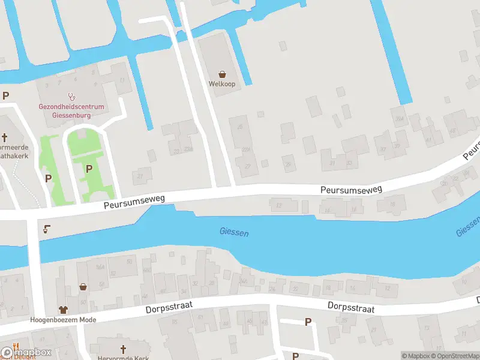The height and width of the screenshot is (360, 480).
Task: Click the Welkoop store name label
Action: coord(222,84)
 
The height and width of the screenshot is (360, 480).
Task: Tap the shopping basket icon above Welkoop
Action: coord(222,74)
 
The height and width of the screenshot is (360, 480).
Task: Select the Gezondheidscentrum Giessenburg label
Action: coord(71,110)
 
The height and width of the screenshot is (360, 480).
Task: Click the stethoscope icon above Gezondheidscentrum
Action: coord(71,96)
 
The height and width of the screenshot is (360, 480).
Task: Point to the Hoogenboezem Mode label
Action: coord(64,320)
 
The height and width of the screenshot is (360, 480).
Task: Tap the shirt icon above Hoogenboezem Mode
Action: coord(64,310)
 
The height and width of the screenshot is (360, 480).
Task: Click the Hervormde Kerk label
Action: coord(124,358)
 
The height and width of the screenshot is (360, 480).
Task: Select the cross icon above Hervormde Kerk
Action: coord(124,349)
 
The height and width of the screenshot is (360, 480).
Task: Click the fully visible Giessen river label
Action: coord(234,232)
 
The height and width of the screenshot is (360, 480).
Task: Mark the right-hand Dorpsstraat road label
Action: coord(351,307)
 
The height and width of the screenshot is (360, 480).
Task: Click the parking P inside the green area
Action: coord(89,169)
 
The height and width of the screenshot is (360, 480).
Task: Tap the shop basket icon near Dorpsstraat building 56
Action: coord(83,287)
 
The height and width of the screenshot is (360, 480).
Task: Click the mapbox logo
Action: coord(26,352)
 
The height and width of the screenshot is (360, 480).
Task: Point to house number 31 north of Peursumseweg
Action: coord(332,162)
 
